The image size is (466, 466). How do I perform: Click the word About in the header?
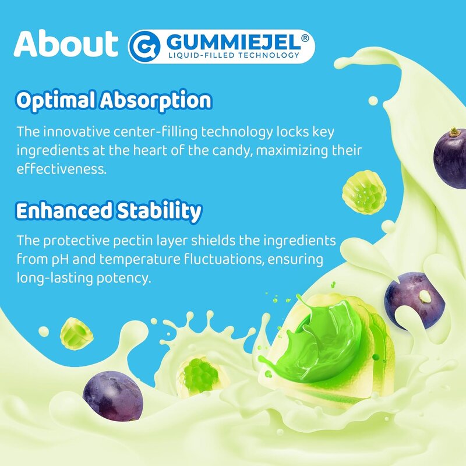coord(65,44)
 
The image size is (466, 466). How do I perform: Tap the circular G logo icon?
coord(143,46)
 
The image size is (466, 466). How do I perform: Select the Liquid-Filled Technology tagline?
coord(233,56)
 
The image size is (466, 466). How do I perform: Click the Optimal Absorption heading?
coord(113,100)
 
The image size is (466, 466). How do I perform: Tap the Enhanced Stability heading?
coord(108,211)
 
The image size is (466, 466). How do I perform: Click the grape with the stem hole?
coord(415,299)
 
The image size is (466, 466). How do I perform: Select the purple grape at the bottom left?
coord(112,397)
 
